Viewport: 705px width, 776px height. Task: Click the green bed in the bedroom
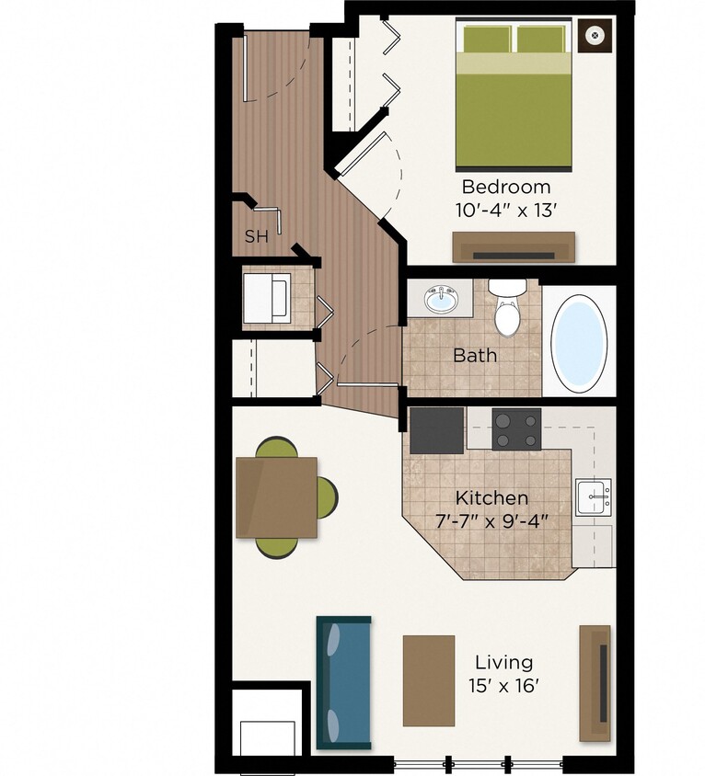point(514,97)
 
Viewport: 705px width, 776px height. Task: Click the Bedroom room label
point(506,186)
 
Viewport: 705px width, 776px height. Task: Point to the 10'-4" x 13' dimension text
point(506,209)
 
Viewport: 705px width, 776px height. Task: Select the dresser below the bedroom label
point(513,247)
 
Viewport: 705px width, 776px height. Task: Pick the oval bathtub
point(578,340)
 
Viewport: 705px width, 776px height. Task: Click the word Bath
point(474,355)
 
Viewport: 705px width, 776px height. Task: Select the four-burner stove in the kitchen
point(516,428)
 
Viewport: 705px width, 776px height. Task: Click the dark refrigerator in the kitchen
point(436,429)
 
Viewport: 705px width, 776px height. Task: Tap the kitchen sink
point(593,496)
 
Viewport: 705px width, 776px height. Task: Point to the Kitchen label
point(492,497)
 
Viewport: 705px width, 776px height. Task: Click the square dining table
point(276,497)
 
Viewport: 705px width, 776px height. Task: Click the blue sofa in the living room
point(344,682)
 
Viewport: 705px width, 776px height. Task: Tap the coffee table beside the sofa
point(429,680)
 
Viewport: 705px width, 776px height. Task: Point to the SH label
point(256,236)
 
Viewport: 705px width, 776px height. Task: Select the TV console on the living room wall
point(595,683)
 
